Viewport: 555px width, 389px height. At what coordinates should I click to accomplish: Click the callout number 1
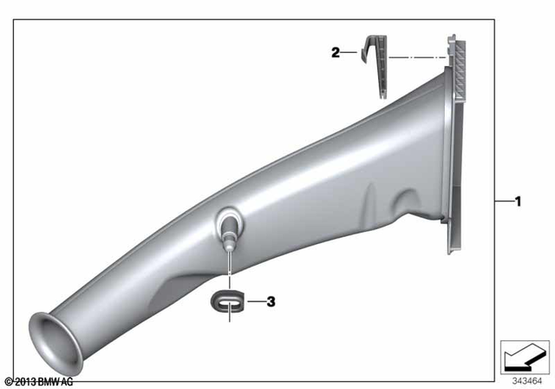[518, 202]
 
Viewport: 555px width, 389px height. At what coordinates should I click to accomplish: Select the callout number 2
[336, 53]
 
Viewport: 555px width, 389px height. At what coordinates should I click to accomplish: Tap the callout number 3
[271, 302]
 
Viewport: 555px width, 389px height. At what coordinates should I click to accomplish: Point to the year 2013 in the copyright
[24, 381]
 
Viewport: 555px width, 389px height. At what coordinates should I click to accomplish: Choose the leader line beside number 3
[255, 302]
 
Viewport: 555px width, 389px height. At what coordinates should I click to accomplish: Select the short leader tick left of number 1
[503, 202]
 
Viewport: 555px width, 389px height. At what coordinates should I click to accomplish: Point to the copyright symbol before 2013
[8, 381]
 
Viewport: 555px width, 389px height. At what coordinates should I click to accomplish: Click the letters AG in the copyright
[67, 381]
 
